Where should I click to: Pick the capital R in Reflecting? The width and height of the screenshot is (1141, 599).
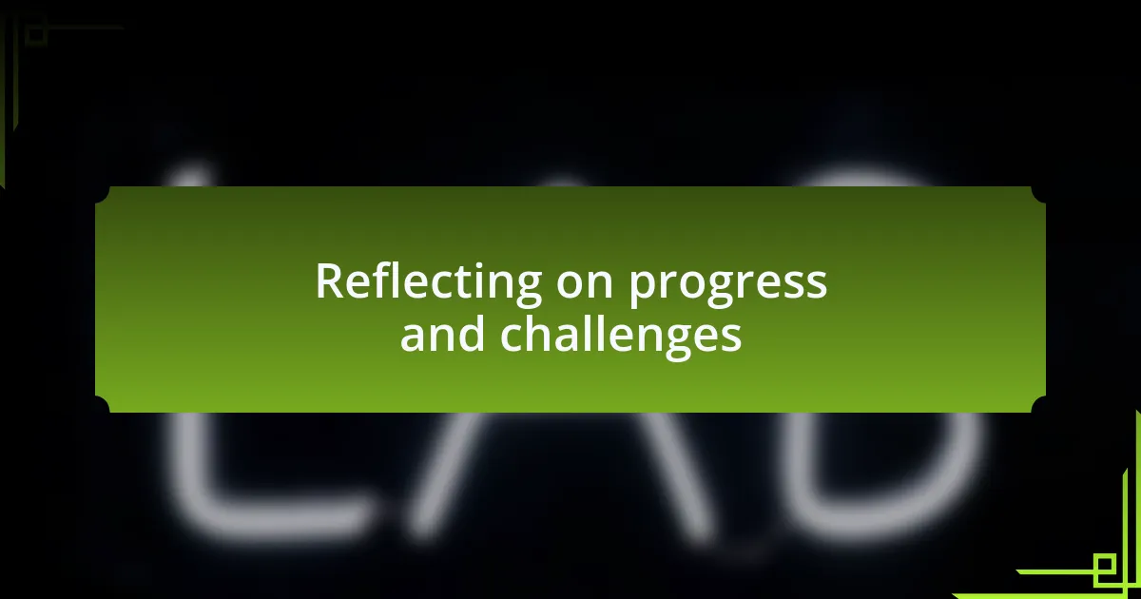pyautogui.click(x=328, y=281)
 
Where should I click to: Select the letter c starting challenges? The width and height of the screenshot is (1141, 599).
pyautogui.click(x=512, y=337)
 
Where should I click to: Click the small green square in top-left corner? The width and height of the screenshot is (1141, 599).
pyautogui.click(x=36, y=35)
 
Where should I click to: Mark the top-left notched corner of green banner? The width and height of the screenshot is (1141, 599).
pyautogui.click(x=101, y=193)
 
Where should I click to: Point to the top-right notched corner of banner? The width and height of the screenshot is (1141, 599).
pyautogui.click(x=1039, y=193)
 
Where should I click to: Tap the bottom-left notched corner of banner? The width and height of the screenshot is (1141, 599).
pyautogui.click(x=101, y=406)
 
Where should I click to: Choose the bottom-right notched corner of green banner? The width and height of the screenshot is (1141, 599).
pyautogui.click(x=1039, y=406)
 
